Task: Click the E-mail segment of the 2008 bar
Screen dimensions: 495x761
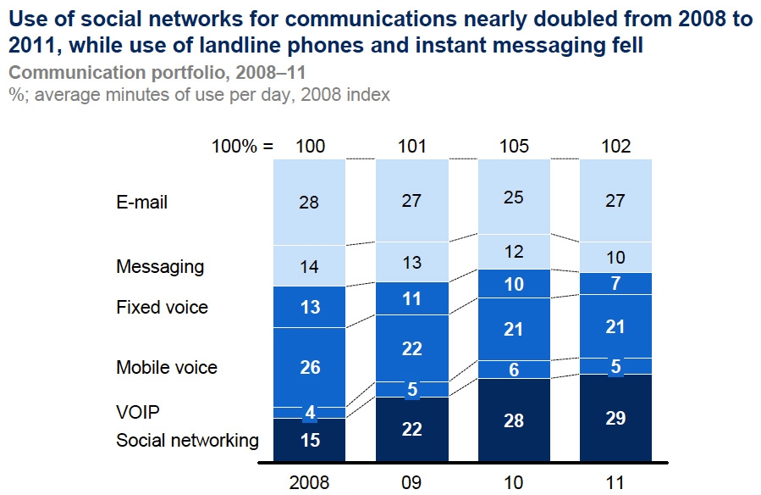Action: tap(310, 203)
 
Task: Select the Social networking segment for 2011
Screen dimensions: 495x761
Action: tap(615, 419)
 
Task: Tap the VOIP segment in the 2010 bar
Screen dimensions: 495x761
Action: tap(515, 369)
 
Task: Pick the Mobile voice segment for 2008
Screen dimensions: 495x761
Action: tap(310, 367)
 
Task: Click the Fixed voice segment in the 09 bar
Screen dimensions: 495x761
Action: tap(412, 298)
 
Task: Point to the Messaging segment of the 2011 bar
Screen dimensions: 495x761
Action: tap(615, 257)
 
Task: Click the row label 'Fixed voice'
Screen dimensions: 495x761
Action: tap(162, 307)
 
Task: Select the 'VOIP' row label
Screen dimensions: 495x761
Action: tap(138, 413)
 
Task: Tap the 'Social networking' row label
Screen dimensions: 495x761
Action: tap(187, 440)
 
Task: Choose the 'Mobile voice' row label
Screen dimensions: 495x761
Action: tap(167, 367)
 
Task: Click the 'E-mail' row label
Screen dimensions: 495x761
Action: tap(141, 203)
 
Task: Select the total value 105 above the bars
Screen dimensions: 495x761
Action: tap(515, 147)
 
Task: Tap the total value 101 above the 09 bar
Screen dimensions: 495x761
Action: tap(412, 147)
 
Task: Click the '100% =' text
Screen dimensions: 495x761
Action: tap(242, 147)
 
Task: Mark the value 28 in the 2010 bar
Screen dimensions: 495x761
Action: tap(515, 421)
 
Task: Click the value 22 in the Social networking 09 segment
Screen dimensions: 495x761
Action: tap(412, 431)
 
